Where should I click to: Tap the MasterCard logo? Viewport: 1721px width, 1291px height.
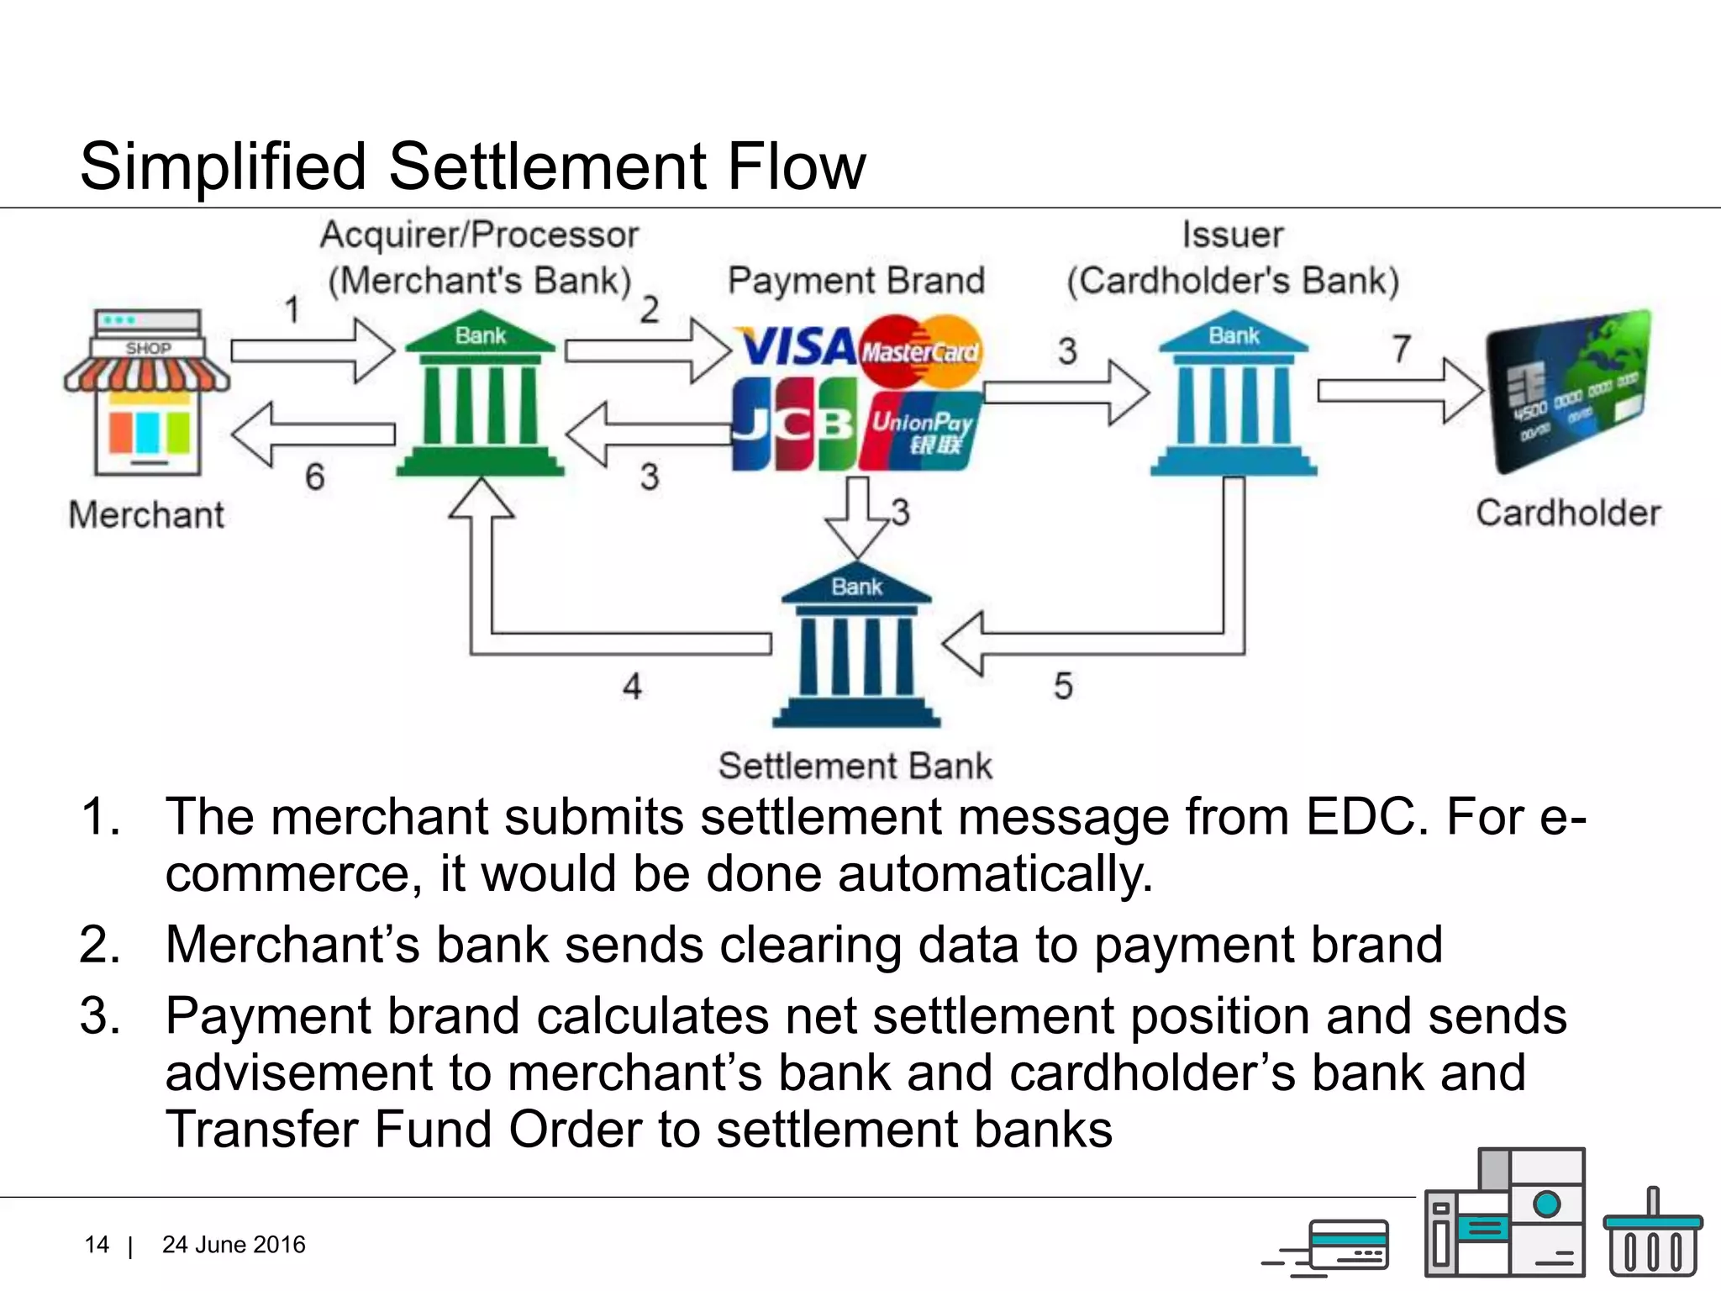coord(921,350)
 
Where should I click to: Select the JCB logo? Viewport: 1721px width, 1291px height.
coord(792,424)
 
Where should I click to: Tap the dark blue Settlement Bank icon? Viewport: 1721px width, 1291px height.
coord(856,647)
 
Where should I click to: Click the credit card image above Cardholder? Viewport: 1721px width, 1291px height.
coord(1568,391)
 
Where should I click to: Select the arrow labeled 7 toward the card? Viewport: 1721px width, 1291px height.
coord(1399,390)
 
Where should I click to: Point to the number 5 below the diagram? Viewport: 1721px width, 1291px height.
coord(1063,686)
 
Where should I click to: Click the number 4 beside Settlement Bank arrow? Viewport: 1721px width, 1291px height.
coord(632,686)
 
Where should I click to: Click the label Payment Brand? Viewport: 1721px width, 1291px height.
coord(855,281)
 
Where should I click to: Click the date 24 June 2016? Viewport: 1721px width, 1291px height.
coord(234,1245)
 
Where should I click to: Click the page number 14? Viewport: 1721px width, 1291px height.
coord(97,1245)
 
